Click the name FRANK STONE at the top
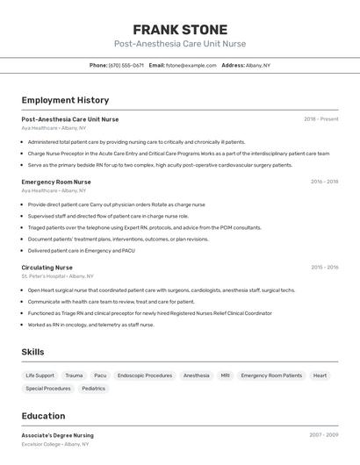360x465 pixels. point(180,29)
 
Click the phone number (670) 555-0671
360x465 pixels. point(126,65)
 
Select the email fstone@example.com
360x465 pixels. point(188,65)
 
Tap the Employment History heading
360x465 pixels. point(65,100)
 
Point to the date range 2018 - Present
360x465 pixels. point(320,119)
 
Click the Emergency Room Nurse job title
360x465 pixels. point(56,182)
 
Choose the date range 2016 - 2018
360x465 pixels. point(324,182)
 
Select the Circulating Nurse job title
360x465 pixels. point(47,268)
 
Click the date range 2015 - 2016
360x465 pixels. point(324,268)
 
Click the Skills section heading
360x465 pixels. point(32,352)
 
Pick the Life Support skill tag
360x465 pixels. point(40,376)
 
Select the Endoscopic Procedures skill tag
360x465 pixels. point(145,376)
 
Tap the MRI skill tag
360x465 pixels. point(225,376)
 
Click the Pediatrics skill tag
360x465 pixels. point(93,389)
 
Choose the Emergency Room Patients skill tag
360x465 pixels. point(271,376)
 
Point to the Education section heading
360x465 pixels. point(43,416)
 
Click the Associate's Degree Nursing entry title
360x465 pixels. point(57,435)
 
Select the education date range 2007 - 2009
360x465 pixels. point(323,435)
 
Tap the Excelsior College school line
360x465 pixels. point(54,444)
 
